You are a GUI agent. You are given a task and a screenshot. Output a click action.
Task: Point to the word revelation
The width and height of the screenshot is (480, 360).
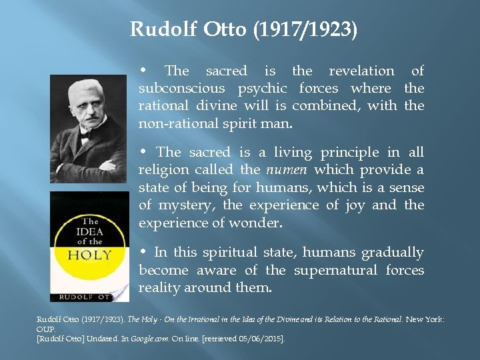pos(362,71)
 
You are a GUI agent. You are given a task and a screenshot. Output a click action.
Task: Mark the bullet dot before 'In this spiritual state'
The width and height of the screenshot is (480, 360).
pos(145,252)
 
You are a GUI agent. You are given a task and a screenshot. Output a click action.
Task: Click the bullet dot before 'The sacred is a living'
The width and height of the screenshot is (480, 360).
pos(145,152)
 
